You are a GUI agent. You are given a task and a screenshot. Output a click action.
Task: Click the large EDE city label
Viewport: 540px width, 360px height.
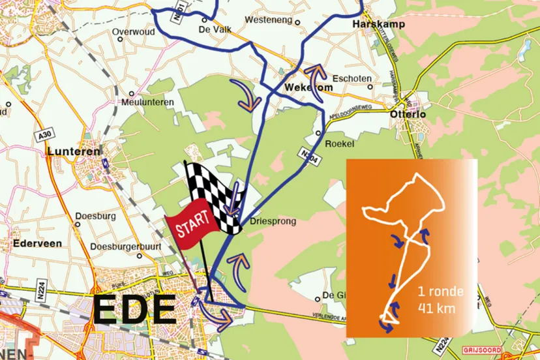tap(134, 310)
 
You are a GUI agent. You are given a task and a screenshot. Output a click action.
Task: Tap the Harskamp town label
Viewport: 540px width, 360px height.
tap(378, 24)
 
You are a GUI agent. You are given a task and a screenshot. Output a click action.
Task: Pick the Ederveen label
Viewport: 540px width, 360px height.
tap(38, 244)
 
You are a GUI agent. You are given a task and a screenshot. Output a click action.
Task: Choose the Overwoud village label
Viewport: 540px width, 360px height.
tap(133, 31)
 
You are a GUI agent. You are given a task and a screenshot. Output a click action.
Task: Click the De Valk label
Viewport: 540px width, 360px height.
tap(215, 29)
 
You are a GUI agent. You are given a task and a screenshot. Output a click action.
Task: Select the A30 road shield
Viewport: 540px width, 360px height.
tap(44, 135)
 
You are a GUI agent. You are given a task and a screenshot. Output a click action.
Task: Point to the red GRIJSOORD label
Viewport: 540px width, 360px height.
tap(484, 350)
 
